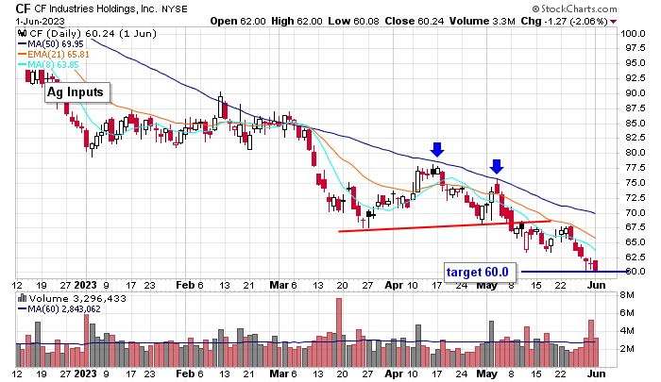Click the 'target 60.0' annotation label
coord(478,272)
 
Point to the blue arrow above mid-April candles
coord(436,149)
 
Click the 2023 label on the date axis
coord(85,283)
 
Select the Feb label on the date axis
coord(184,283)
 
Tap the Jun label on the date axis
coord(597,283)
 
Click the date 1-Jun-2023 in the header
coord(30,21)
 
